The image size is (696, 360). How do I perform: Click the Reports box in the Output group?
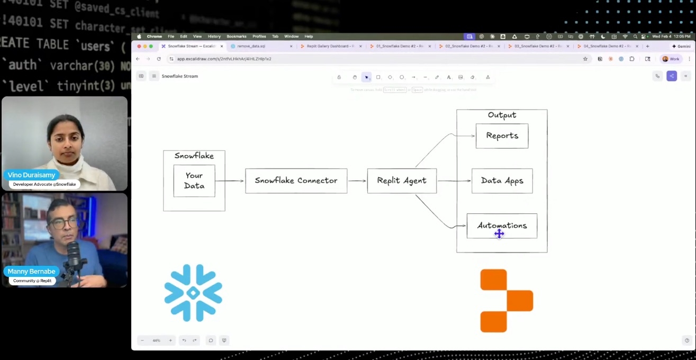tap(502, 136)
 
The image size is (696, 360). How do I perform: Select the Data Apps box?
tap(502, 181)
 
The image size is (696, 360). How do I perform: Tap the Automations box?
tap(502, 226)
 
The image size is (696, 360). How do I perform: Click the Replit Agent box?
tap(402, 181)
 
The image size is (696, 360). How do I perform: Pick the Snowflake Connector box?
tap(296, 181)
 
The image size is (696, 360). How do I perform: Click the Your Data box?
tap(194, 181)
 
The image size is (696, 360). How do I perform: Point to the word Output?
tap(502, 115)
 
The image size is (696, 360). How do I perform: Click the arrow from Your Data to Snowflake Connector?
tap(230, 181)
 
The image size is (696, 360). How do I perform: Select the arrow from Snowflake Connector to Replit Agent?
tap(357, 181)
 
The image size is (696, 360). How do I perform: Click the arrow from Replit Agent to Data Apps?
tap(454, 181)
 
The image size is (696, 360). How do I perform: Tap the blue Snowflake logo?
tap(193, 293)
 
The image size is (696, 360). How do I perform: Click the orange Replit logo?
tap(506, 301)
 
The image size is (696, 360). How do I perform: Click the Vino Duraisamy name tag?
tap(32, 175)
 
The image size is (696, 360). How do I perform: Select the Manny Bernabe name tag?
tap(32, 272)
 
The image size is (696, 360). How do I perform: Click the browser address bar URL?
tap(224, 59)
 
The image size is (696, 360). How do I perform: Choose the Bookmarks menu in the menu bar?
tap(237, 37)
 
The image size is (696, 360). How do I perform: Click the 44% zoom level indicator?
tap(156, 340)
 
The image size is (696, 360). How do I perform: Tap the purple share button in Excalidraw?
tap(672, 76)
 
